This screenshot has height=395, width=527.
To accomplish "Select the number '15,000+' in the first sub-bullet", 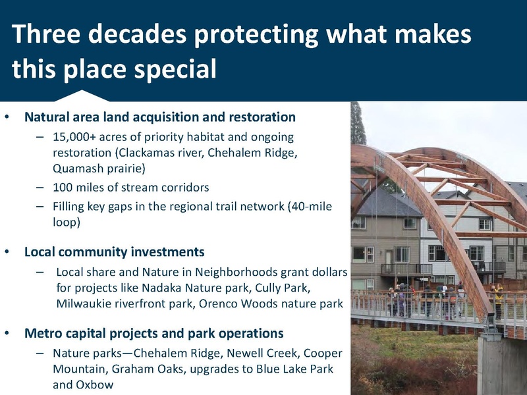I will coord(74,138).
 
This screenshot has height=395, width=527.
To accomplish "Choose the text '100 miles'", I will coord(77,188).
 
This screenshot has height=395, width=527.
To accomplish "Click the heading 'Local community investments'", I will coord(114,252).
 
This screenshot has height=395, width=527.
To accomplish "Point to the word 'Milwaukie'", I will coord(84,304).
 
